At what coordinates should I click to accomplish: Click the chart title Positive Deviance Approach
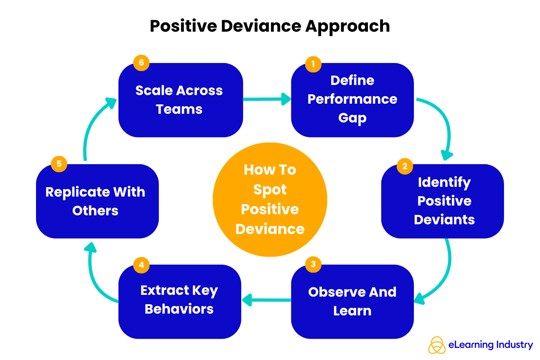pyautogui.click(x=270, y=26)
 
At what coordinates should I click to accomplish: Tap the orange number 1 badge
pyautogui.click(x=313, y=64)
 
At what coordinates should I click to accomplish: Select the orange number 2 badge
pyautogui.click(x=405, y=166)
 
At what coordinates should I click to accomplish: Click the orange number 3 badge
pyautogui.click(x=313, y=264)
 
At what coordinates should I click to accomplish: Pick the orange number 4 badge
pyautogui.click(x=141, y=265)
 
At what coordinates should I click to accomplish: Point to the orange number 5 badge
pyautogui.click(x=59, y=164)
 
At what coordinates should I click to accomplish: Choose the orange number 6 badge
pyautogui.click(x=141, y=63)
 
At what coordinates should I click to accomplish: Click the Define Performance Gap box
pyautogui.click(x=352, y=100)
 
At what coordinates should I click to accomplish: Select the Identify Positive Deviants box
pyautogui.click(x=442, y=201)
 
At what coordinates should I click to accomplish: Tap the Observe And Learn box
pyautogui.click(x=352, y=302)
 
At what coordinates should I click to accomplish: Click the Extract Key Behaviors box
pyautogui.click(x=179, y=302)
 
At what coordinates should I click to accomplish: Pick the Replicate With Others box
pyautogui.click(x=97, y=201)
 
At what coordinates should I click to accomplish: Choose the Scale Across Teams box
pyautogui.click(x=181, y=100)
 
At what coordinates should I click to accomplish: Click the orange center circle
pyautogui.click(x=270, y=200)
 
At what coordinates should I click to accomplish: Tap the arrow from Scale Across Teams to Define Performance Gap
pyautogui.click(x=266, y=99)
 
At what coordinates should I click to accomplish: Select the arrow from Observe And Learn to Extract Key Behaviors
pyautogui.click(x=266, y=300)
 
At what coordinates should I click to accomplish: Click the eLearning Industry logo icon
pyautogui.click(x=437, y=345)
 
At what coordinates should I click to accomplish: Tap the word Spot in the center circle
pyautogui.click(x=270, y=190)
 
